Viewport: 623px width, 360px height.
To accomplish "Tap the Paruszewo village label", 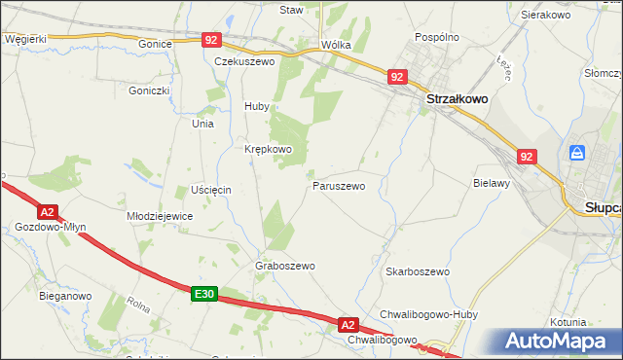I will point(338,185).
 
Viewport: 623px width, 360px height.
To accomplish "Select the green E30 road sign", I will point(202,293).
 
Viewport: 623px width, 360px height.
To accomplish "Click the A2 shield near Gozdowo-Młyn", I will point(47,211).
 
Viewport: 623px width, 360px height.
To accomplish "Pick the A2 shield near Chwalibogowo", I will point(349,324).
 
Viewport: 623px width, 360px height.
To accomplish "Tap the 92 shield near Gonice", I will point(212,40).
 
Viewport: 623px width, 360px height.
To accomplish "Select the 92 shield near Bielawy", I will point(527,156).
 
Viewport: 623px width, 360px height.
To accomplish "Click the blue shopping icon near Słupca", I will point(577,153).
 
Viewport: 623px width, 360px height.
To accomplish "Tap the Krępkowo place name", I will point(268,149).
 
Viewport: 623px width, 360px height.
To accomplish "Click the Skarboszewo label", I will point(417,271).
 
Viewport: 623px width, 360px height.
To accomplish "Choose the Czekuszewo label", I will point(245,60).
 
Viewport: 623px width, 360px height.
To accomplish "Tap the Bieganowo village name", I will point(65,295).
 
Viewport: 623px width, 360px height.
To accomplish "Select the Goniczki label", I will point(149,90).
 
